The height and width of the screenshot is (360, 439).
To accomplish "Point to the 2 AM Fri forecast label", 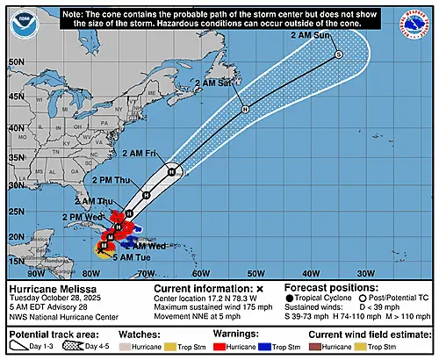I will coord(146,153).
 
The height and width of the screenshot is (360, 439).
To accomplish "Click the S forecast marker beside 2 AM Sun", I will coord(338,55).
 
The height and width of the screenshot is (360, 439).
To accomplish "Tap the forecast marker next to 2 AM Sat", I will coord(245,109).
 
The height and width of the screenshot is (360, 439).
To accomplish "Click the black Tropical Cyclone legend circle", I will coord(291,299).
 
